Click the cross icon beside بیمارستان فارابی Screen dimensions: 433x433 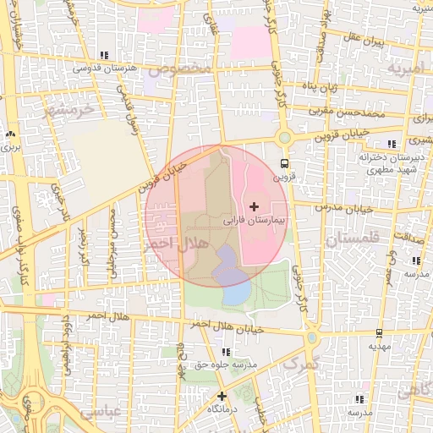[x=254, y=206]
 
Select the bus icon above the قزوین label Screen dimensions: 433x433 [x=283, y=164]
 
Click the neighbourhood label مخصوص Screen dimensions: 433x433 [x=195, y=66]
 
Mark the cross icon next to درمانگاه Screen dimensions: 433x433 [x=222, y=395]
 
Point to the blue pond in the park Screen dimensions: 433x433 [x=236, y=293]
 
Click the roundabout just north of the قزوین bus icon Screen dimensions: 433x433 [x=283, y=138]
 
